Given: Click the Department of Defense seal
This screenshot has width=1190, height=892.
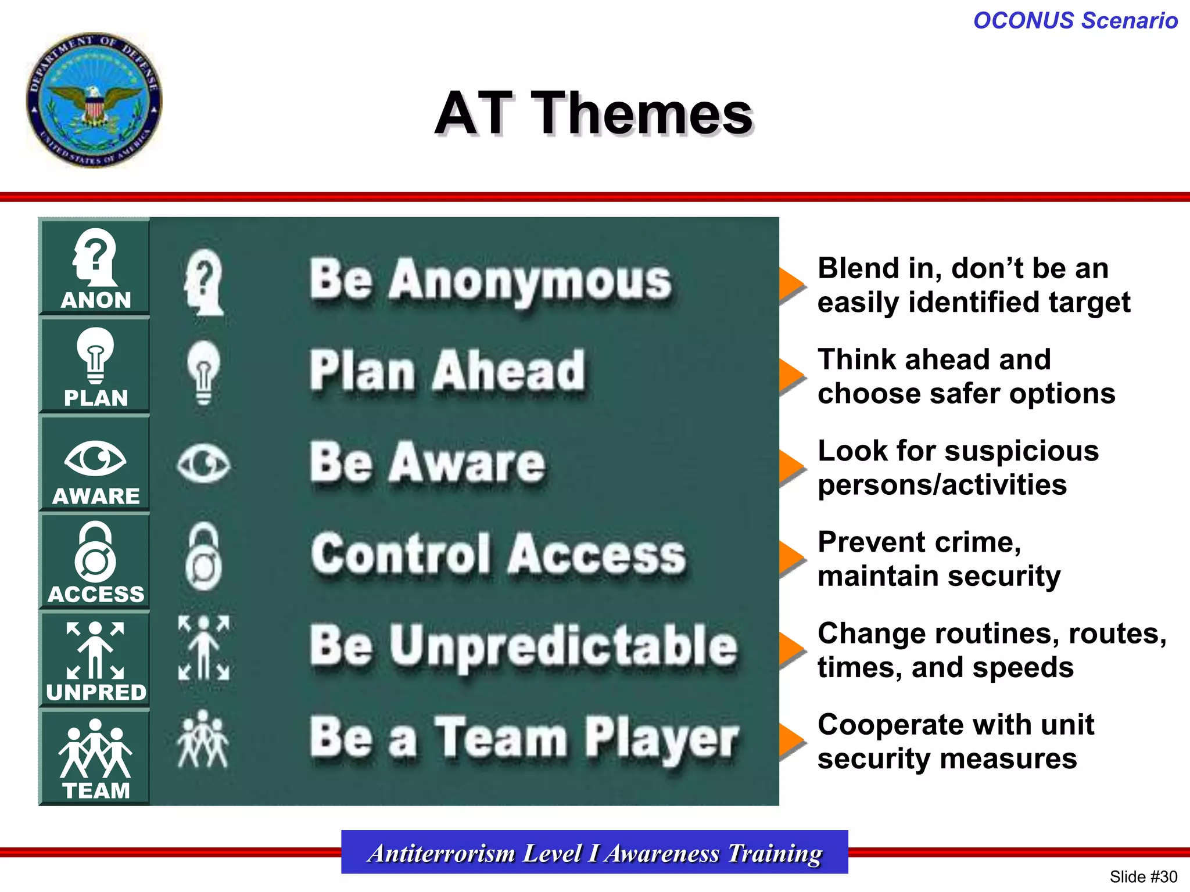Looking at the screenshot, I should coord(94,100).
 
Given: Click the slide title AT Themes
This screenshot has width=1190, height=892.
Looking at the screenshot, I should coord(593,113).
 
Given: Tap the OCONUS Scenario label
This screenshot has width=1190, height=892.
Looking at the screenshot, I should coord(1075,20).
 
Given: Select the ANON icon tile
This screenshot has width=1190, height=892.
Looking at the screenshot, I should coord(95,268).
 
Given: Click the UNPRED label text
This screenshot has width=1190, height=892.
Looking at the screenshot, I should coord(96,692).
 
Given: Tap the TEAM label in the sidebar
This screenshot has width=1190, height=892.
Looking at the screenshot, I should coord(96,790).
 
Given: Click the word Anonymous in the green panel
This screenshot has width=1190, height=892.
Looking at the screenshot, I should coord(530,281).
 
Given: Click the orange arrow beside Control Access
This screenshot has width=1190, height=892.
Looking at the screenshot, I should coord(791,559).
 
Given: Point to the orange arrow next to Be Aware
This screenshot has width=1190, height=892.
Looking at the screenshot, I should coord(791,467).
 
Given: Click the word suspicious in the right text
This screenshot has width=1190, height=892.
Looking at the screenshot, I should coord(1016,451).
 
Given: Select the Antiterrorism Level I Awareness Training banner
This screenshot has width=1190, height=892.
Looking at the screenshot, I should coord(594,853).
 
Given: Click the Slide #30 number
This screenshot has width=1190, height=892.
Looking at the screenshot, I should coord(1143,876).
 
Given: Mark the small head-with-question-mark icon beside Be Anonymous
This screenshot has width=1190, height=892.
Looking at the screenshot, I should coord(203,282).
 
